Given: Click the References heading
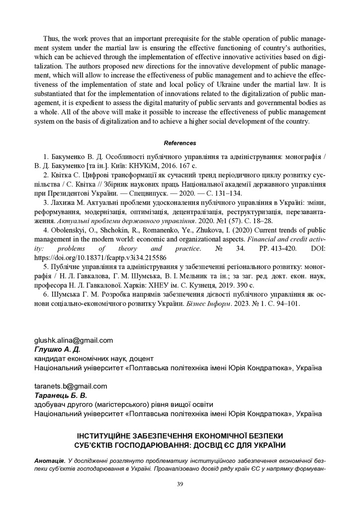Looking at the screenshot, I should pos(180,143).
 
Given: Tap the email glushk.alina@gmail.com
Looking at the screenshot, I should pos(73,340).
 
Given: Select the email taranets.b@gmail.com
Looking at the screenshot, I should pos(70,386).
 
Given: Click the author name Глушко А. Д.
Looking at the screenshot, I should pos(53,349).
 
